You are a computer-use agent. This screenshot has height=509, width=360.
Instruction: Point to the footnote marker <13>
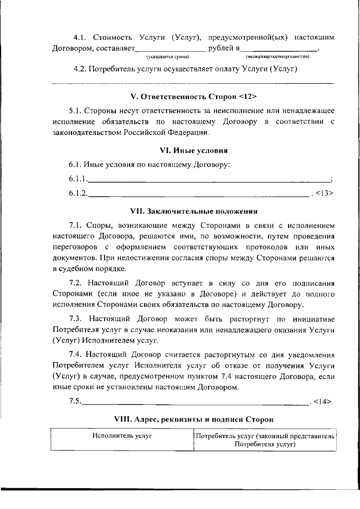tap(325, 193)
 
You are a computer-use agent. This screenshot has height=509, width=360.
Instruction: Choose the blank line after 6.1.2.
tap(200, 194)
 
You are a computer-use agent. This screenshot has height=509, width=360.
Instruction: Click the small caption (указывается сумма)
tap(167, 57)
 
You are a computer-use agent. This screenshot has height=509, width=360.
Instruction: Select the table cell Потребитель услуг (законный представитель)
tap(265, 436)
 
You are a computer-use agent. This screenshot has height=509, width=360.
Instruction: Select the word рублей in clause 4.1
tap(221, 48)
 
